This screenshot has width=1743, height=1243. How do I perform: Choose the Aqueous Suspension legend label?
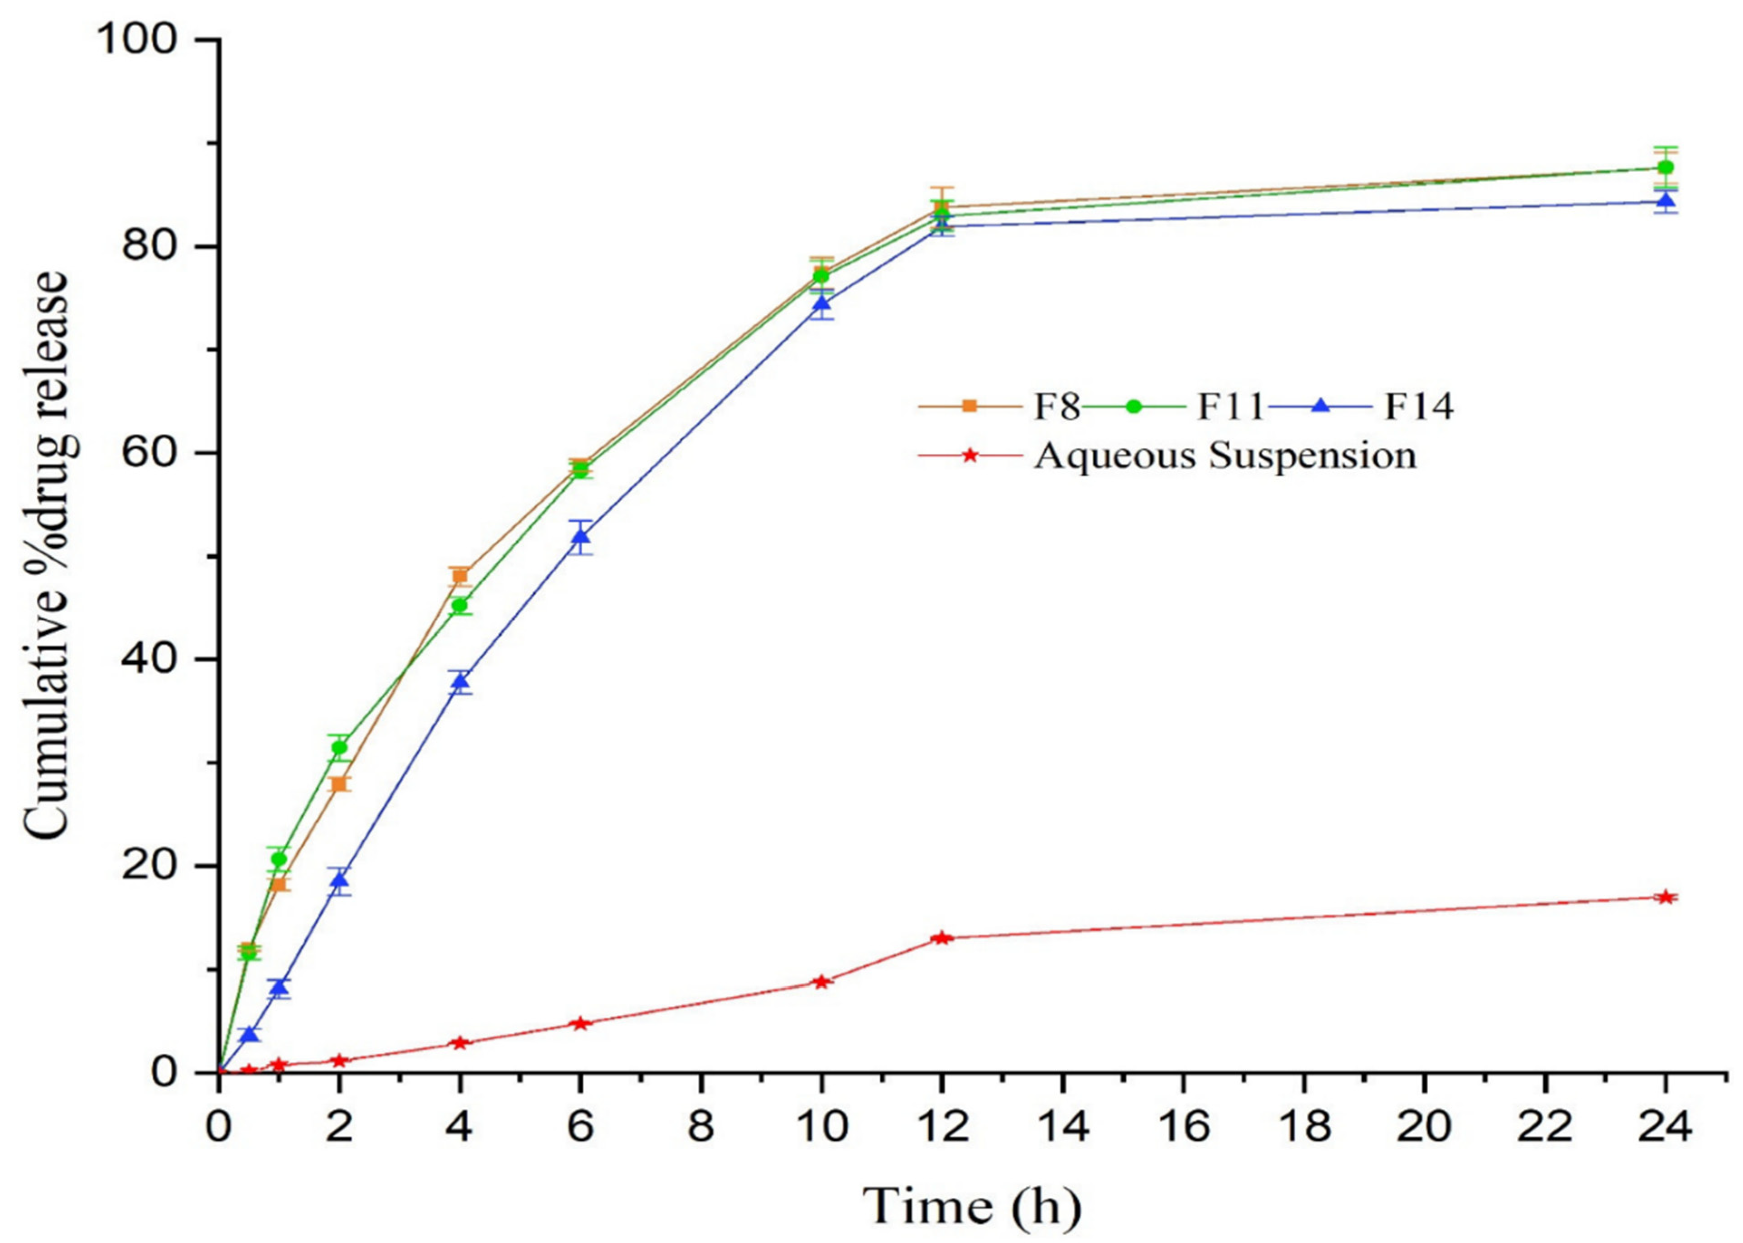1225,456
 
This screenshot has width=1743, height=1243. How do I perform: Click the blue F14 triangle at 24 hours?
1665,202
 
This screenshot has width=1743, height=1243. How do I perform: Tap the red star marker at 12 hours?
942,938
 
